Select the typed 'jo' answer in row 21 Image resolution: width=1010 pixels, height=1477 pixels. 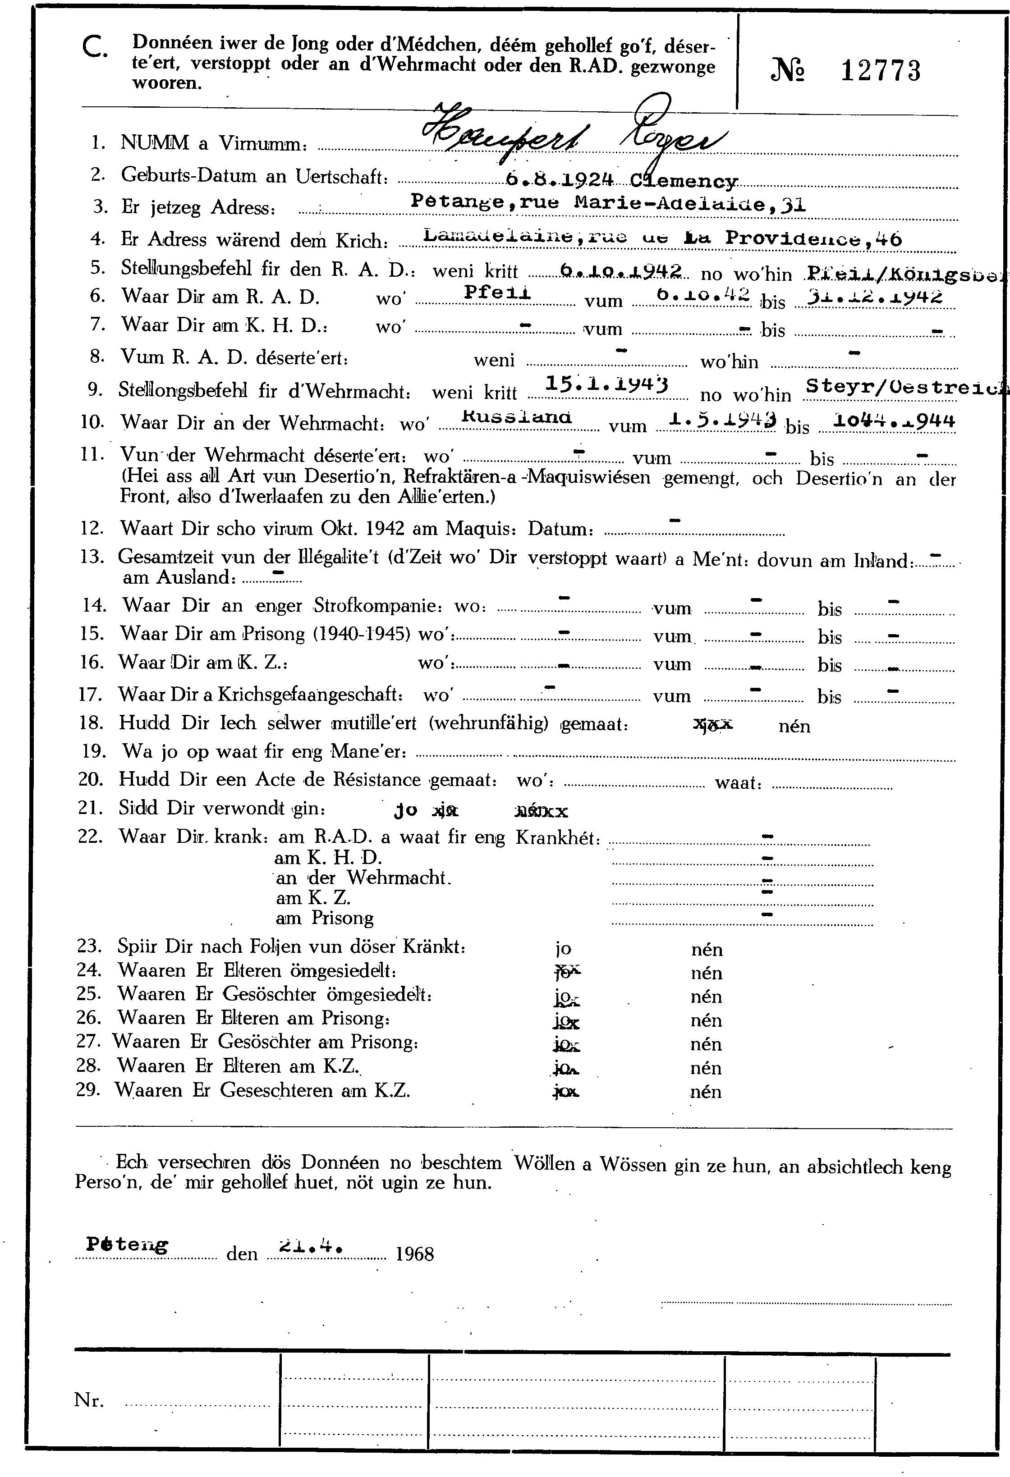point(405,811)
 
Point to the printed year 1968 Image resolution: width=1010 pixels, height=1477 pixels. point(414,1254)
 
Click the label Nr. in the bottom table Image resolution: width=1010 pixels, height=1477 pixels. point(89,1400)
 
